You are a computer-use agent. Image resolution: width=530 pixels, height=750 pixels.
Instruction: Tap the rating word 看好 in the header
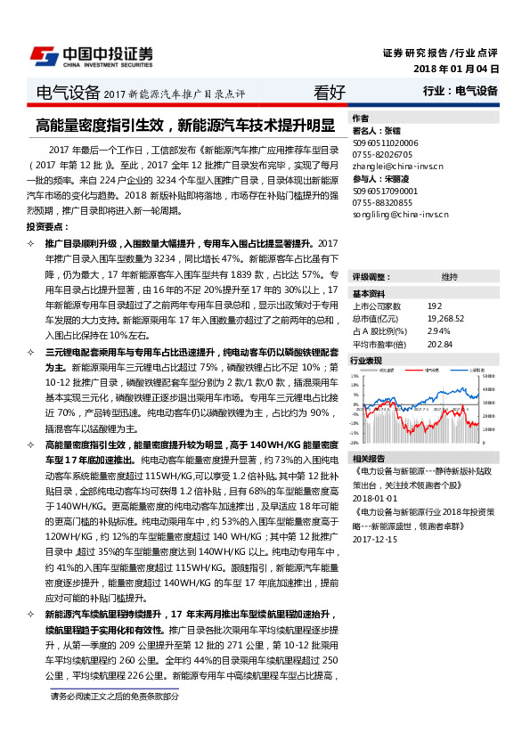pyautogui.click(x=330, y=91)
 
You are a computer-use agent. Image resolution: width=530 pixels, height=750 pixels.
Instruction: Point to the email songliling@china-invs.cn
pyautogui.click(x=401, y=215)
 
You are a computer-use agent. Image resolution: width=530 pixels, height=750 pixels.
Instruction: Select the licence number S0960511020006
pyautogui.click(x=386, y=142)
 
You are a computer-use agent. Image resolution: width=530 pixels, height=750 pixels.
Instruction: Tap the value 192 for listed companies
pyautogui.click(x=434, y=306)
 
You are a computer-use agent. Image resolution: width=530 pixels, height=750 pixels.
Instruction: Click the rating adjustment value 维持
pyautogui.click(x=449, y=277)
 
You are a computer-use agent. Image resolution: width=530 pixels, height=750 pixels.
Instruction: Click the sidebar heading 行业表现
pyautogui.click(x=366, y=361)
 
